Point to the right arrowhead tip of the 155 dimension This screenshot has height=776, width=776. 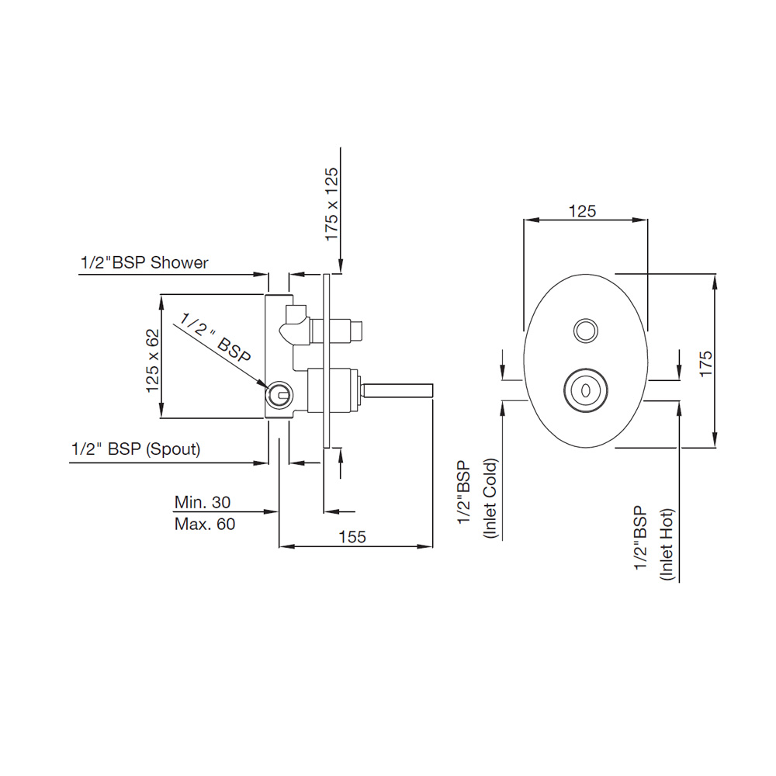coord(432,546)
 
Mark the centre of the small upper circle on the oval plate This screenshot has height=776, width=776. coord(585,330)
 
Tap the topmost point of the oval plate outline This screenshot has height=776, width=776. coord(585,274)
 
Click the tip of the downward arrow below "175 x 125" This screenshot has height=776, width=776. coord(341,272)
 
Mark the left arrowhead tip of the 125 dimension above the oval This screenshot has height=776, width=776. coord(524,220)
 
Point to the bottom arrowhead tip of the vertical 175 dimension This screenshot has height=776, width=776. coord(715,448)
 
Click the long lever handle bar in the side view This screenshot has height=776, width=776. coord(398,390)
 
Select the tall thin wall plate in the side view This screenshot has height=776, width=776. coord(326,361)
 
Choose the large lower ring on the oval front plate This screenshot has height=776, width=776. coord(585,390)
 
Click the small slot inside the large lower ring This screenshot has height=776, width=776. coord(585,390)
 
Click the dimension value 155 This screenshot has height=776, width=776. coord(352,536)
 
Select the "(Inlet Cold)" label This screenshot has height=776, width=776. coord(490,498)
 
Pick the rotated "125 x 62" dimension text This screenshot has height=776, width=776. coord(153,360)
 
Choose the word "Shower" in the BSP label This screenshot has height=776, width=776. coord(179,262)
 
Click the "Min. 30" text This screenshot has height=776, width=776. coord(203,502)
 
